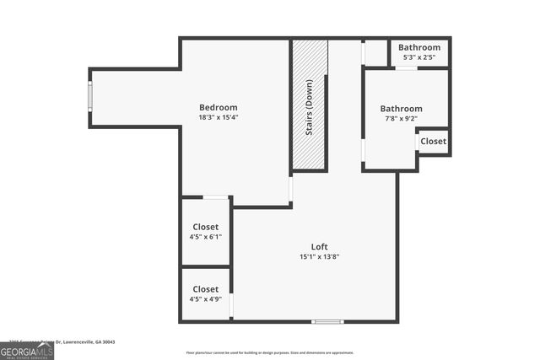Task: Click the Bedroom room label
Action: coord(218,107)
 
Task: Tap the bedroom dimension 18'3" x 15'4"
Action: coord(218,118)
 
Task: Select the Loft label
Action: coord(319,246)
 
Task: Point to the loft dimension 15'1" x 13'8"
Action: coord(319,257)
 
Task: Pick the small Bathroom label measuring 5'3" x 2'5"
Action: coord(419,48)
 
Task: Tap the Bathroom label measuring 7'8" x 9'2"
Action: coord(401,109)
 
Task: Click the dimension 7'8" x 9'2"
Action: coord(401,120)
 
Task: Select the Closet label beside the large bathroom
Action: coord(433,141)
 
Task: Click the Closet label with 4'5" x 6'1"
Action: coord(205,227)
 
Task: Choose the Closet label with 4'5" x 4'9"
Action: coord(205,289)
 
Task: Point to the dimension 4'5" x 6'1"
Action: coord(205,238)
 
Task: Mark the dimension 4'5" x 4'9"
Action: coord(205,299)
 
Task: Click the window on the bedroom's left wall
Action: coord(90,97)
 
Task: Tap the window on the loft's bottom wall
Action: coord(327,320)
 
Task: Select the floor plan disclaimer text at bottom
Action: coord(270,352)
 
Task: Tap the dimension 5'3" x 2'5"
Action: coord(419,58)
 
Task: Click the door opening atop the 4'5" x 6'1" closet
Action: coord(214,197)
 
